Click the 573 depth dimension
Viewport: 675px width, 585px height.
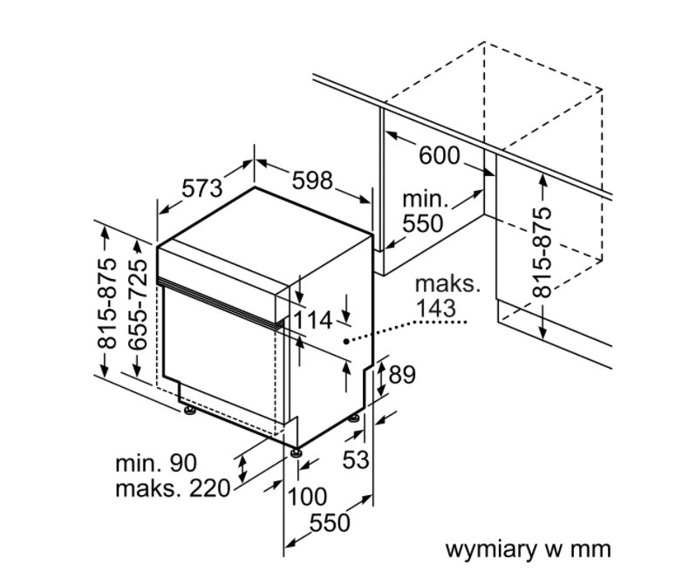202,188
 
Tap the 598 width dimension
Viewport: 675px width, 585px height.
312,180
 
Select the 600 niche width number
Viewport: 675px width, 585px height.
439,155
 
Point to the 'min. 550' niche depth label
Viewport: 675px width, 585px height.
424,211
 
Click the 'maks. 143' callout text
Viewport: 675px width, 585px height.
447,296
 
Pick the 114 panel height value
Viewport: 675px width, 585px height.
313,321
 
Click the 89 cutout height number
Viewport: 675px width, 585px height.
402,375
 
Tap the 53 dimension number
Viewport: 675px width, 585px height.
356,459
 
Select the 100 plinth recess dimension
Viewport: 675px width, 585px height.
307,497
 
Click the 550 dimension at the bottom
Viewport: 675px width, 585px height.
330,523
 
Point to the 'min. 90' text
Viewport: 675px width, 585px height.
156,463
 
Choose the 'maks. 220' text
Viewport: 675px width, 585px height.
173,488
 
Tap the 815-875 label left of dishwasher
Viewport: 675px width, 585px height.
106,303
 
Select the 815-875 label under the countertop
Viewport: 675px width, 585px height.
542,253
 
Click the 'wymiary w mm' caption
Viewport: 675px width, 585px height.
528,550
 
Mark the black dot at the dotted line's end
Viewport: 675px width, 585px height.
346,342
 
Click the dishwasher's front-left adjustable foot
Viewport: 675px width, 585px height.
189,411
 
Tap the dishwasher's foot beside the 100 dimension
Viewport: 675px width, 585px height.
297,453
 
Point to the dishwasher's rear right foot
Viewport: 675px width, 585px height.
354,418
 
